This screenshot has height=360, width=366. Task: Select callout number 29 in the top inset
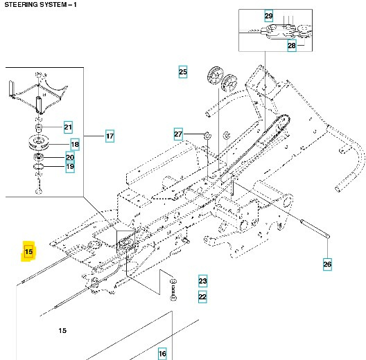tap(269, 16)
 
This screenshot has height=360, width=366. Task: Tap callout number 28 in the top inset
tap(291, 46)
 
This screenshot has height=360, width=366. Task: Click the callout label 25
tap(183, 72)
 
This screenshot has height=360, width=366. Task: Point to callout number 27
tap(178, 134)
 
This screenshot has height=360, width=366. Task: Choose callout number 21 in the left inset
tap(68, 127)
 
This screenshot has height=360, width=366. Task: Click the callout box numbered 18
tap(75, 145)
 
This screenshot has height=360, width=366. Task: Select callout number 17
tap(110, 136)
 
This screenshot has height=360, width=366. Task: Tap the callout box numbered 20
tap(70, 157)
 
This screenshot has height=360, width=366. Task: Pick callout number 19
tap(70, 167)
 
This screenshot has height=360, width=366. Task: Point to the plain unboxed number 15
tap(62, 331)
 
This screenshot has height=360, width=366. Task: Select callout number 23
tap(202, 281)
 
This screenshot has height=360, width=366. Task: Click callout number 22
tap(202, 297)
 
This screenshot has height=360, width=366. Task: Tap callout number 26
tap(327, 264)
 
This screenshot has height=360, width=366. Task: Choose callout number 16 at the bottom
tap(162, 354)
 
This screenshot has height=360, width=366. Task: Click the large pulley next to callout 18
tap(41, 146)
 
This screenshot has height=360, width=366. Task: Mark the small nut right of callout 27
tap(207, 133)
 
